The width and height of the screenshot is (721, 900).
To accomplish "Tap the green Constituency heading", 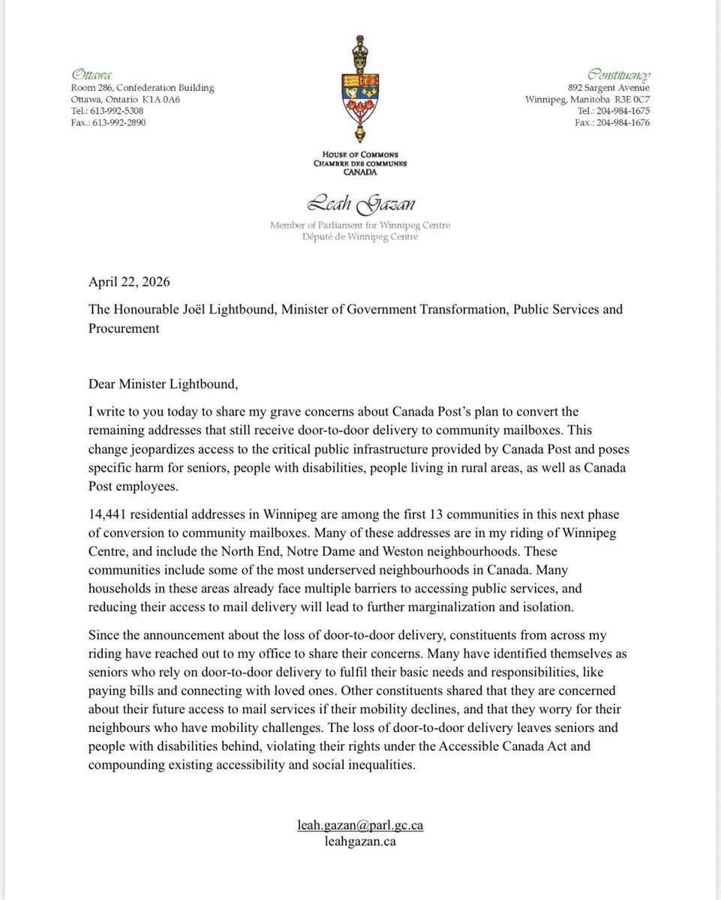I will (x=619, y=74).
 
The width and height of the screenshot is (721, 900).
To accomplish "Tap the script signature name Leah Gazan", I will (x=360, y=203).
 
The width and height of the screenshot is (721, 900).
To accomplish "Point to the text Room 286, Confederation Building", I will (x=143, y=88).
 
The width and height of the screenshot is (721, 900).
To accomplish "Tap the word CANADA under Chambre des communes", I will (x=360, y=171).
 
